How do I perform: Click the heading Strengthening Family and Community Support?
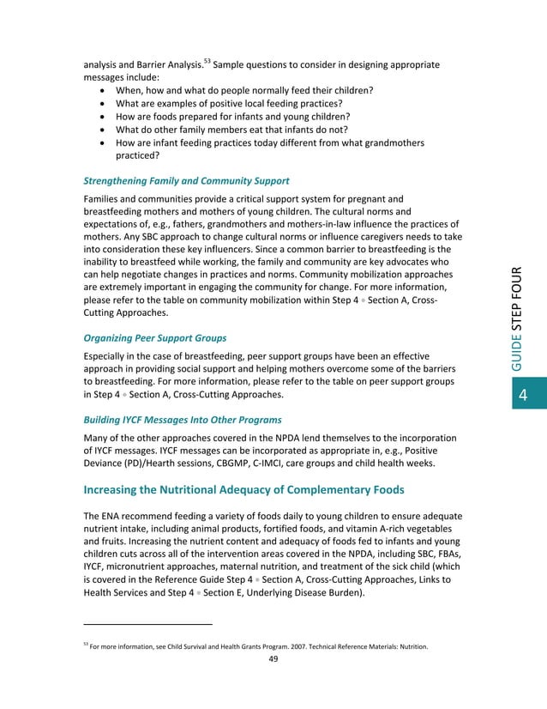(x=185, y=181)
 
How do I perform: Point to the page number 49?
(x=273, y=659)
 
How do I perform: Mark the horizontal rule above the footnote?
(x=147, y=624)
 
